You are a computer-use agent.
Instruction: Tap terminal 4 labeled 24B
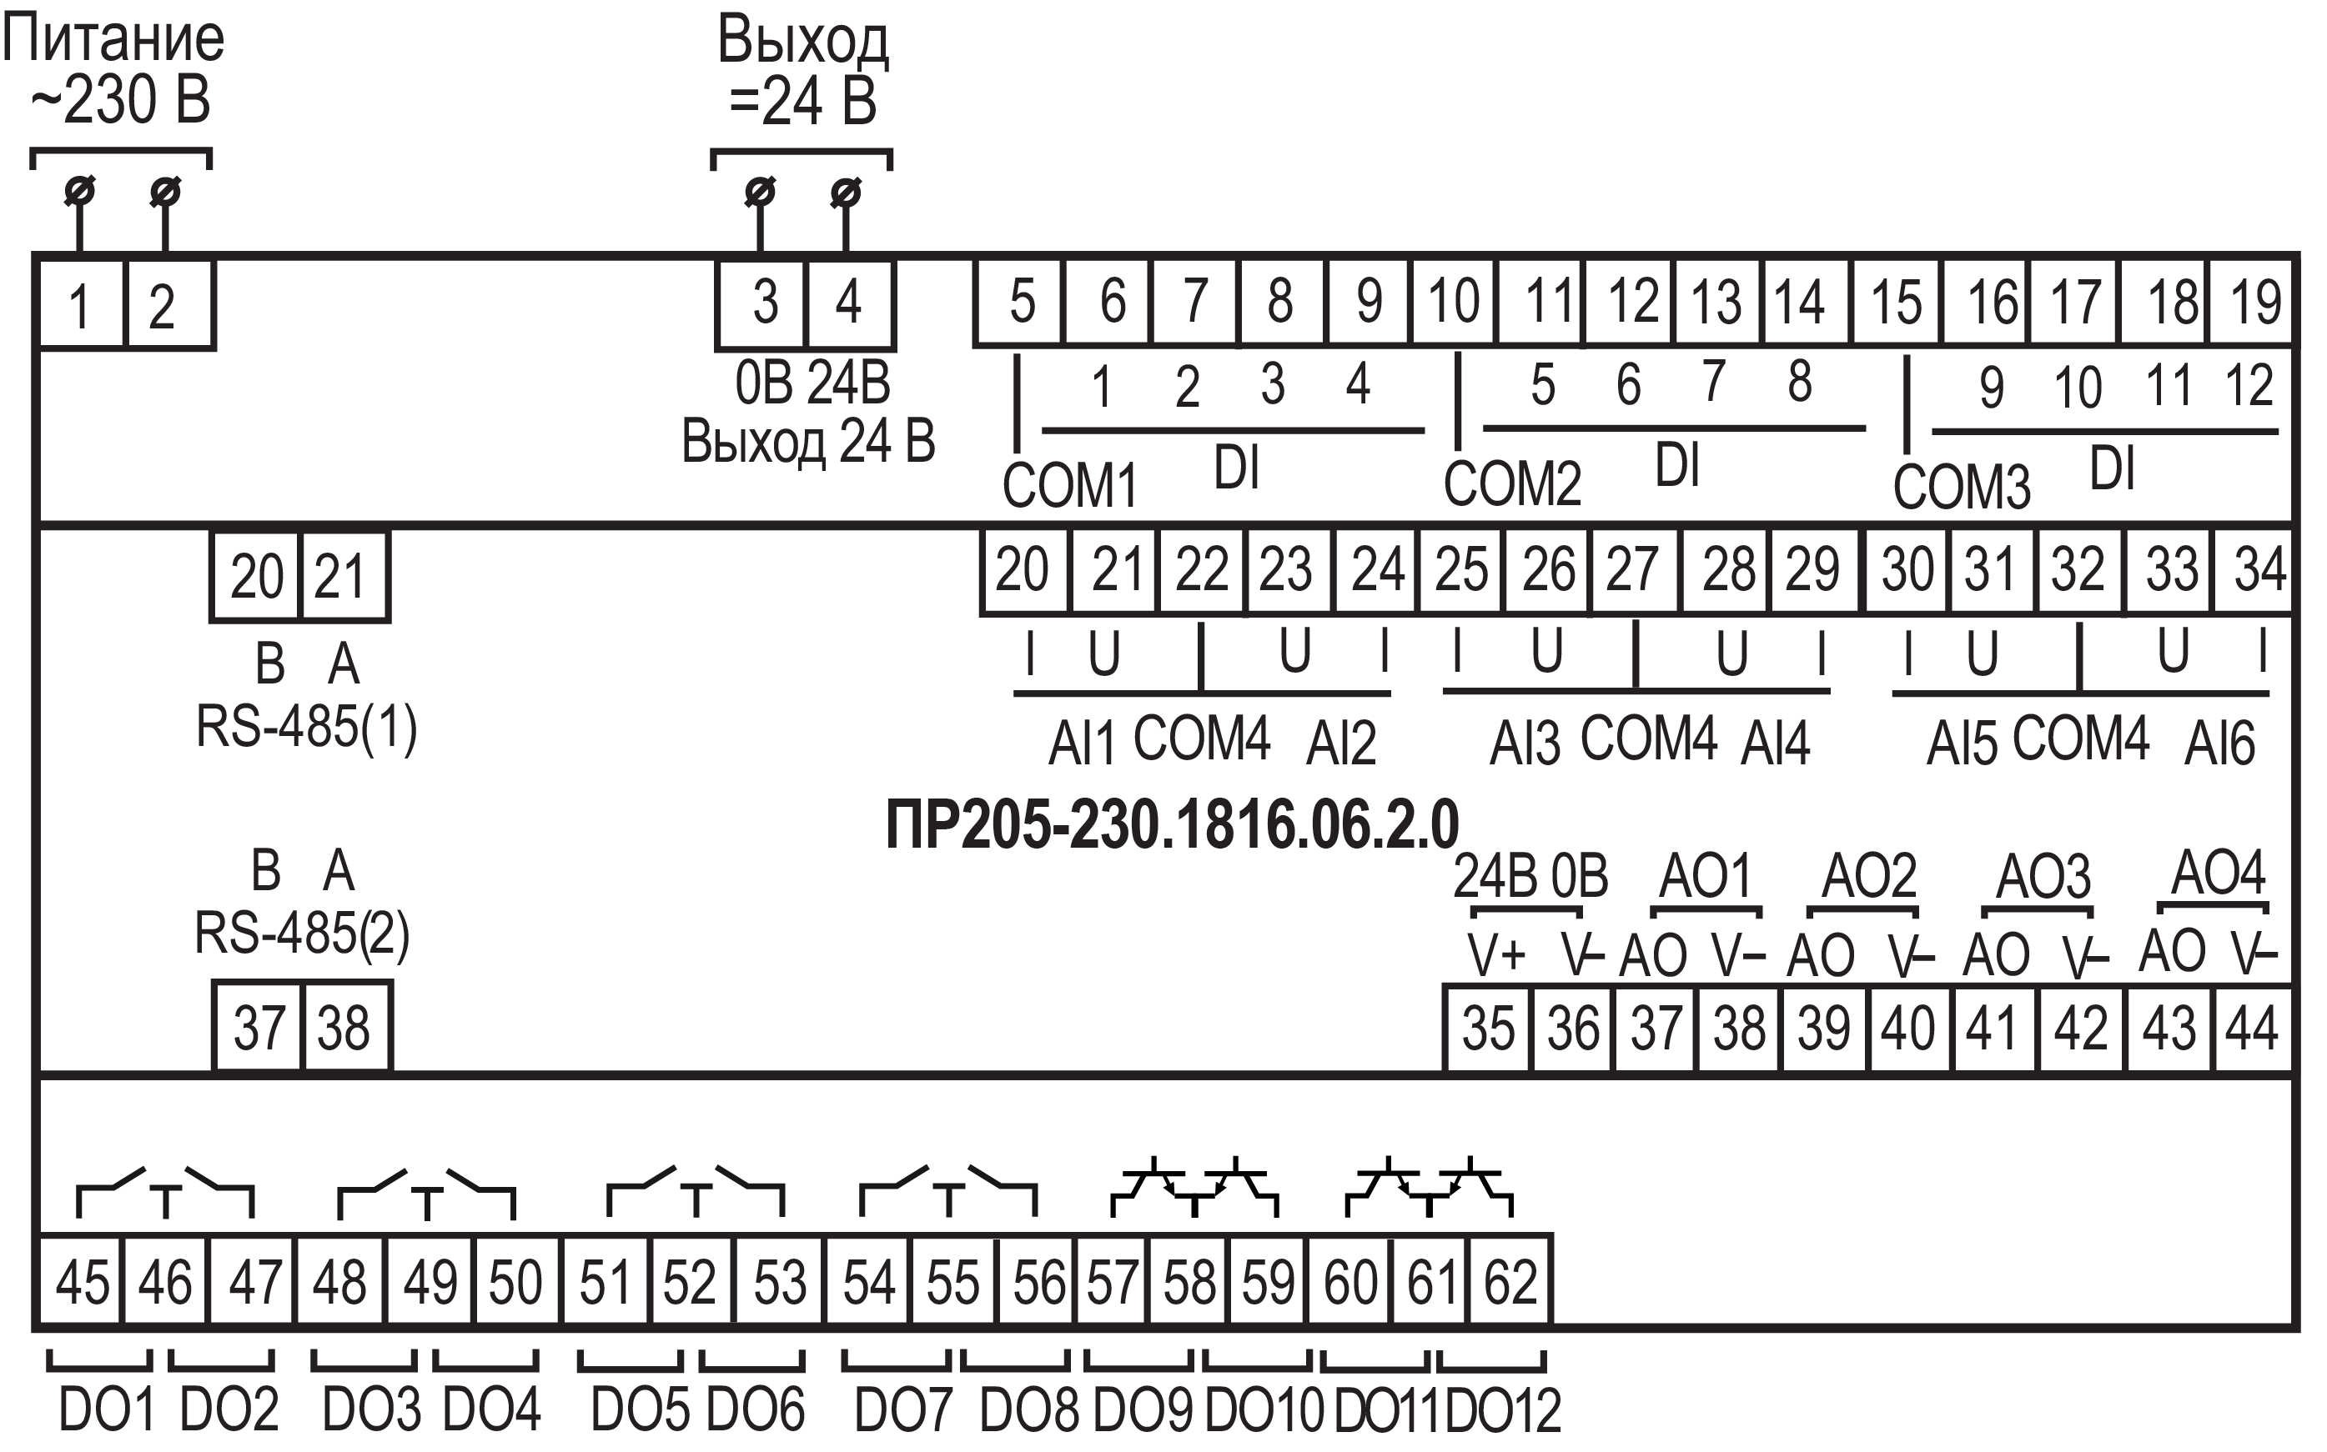coord(849,303)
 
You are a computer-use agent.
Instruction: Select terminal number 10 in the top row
coord(1453,301)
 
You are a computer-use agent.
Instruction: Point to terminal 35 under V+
coord(1487,1028)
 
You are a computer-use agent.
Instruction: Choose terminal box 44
coord(2251,1028)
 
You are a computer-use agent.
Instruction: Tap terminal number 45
coord(82,1281)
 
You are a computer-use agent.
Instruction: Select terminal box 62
coord(1510,1281)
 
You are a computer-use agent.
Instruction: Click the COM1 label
coord(1069,485)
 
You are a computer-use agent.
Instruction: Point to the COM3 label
coord(1961,487)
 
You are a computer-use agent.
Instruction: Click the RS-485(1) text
coord(306,727)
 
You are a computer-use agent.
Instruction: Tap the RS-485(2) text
coord(302,933)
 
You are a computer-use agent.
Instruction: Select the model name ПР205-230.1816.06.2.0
coord(1172,824)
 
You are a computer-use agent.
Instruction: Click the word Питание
coord(113,40)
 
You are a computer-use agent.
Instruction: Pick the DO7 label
coord(902,1409)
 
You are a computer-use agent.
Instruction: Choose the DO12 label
coord(1503,1409)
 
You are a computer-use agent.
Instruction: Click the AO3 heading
coord(2043,876)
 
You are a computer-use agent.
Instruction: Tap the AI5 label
coord(1962,744)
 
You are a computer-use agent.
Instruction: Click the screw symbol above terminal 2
coord(165,192)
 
